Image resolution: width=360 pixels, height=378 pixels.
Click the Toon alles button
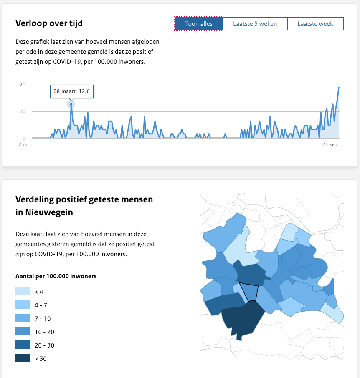[199, 24]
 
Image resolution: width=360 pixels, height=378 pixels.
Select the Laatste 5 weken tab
[255, 24]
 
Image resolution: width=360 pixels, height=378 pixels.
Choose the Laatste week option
[315, 24]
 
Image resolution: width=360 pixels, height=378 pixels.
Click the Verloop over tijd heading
[49, 23]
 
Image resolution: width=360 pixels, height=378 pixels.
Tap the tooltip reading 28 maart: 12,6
[71, 91]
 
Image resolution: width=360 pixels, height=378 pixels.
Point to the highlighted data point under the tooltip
[71, 104]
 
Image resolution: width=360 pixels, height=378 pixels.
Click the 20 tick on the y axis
[23, 85]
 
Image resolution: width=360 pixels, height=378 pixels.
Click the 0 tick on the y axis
[24, 138]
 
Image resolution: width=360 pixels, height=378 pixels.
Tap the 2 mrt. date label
[25, 145]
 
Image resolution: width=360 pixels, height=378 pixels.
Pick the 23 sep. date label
[330, 145]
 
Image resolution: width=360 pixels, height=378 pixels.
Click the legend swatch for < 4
[23, 292]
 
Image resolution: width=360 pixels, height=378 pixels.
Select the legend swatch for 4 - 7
[23, 305]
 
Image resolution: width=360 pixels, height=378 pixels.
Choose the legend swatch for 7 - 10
[23, 318]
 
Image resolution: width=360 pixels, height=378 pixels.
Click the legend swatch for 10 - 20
[23, 332]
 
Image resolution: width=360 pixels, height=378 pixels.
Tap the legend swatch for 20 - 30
[23, 345]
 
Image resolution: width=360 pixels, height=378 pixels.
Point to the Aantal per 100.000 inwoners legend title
[56, 276]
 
